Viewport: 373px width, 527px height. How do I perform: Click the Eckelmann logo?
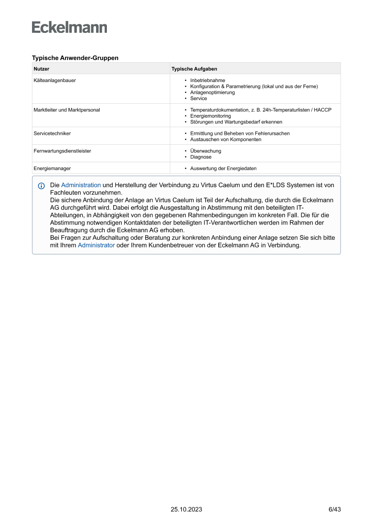click(x=69, y=27)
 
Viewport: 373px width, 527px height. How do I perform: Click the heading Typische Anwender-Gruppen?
click(x=75, y=58)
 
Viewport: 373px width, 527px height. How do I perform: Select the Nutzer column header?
click(x=41, y=69)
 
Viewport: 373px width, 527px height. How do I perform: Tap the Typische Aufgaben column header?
click(x=194, y=69)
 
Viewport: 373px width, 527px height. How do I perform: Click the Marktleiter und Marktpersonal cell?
click(x=67, y=110)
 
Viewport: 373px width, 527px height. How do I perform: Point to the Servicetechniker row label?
click(x=52, y=133)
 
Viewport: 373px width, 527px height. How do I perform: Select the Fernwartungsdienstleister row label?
click(x=62, y=151)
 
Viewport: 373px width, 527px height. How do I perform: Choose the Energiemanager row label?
click(x=52, y=168)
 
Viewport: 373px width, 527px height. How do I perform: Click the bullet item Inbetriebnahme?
click(x=207, y=80)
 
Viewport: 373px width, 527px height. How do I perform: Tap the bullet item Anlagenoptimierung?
click(x=212, y=92)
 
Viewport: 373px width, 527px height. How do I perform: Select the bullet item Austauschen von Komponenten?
click(x=226, y=139)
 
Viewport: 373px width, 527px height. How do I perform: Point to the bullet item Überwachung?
click(x=206, y=151)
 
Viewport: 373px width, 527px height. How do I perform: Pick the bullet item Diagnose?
click(x=201, y=157)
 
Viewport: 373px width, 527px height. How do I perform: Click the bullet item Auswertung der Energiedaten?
click(x=223, y=168)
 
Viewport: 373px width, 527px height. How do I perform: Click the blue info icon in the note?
click(x=41, y=186)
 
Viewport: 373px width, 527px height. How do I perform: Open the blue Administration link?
click(x=81, y=185)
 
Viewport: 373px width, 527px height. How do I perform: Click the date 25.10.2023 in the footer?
click(x=186, y=509)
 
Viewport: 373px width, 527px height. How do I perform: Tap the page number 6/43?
click(x=334, y=509)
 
